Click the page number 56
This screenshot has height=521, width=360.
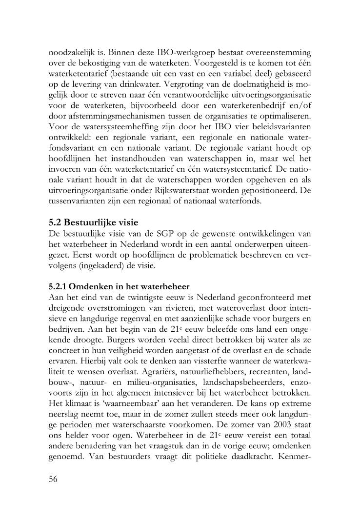point(53,479)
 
